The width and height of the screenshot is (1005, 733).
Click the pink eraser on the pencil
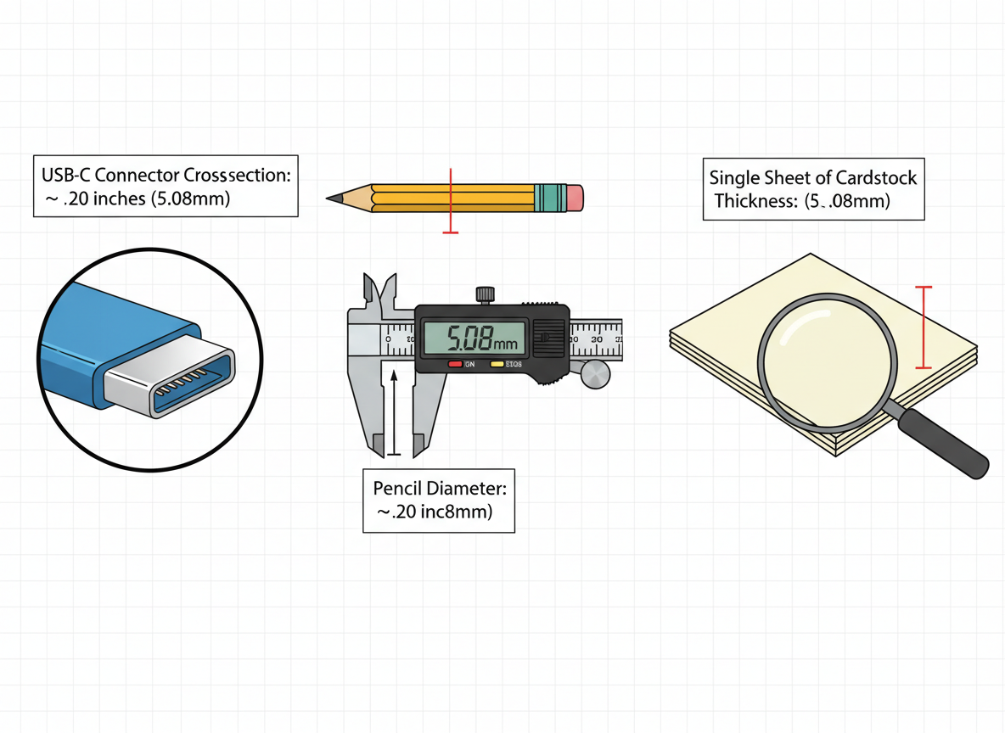tap(575, 198)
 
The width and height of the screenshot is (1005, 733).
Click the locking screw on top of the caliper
tap(485, 294)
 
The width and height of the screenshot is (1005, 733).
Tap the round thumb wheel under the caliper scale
tap(596, 374)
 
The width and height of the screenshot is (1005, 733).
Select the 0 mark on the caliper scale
tap(388, 339)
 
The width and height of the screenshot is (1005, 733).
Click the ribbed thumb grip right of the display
tap(548, 338)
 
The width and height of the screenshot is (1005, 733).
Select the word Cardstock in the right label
tap(876, 178)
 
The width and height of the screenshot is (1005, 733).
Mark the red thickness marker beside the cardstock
tap(924, 327)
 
